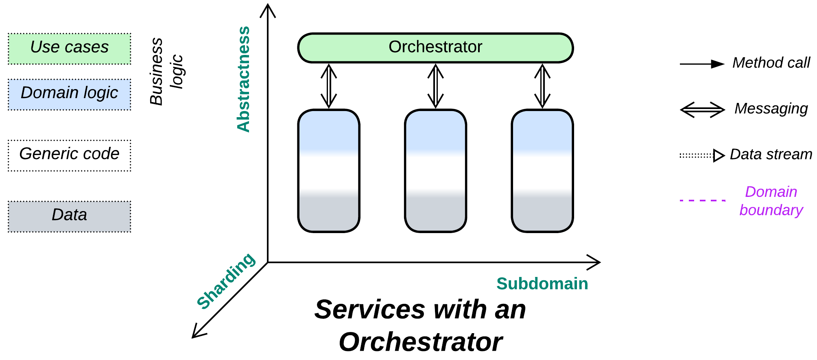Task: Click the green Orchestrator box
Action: [x=435, y=48]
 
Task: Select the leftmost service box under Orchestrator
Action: [x=329, y=171]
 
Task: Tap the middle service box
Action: [x=435, y=171]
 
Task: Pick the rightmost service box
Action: [x=542, y=171]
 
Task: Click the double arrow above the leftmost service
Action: [x=329, y=86]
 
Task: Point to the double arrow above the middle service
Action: [x=435, y=86]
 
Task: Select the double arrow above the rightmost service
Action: [x=542, y=86]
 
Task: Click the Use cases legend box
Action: [x=70, y=49]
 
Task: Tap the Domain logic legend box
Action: [x=70, y=94]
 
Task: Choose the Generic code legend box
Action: [x=70, y=155]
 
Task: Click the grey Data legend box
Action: [x=70, y=216]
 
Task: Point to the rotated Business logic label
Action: [x=166, y=72]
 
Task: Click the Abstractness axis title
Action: [x=243, y=79]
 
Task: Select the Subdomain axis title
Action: [x=542, y=284]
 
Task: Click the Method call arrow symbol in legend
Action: [x=702, y=64]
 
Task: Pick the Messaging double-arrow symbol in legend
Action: [x=702, y=110]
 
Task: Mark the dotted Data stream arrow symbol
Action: [x=702, y=155]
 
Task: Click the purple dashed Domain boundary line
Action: [x=702, y=201]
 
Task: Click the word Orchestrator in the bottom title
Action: [x=421, y=342]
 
